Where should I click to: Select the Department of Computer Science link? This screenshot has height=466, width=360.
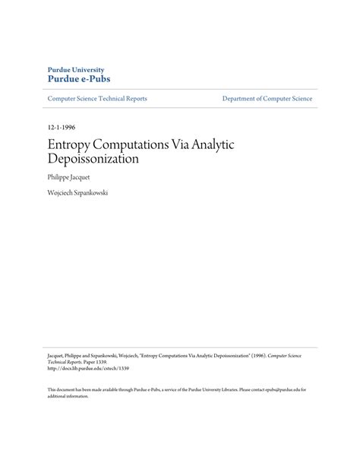[x=267, y=99]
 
